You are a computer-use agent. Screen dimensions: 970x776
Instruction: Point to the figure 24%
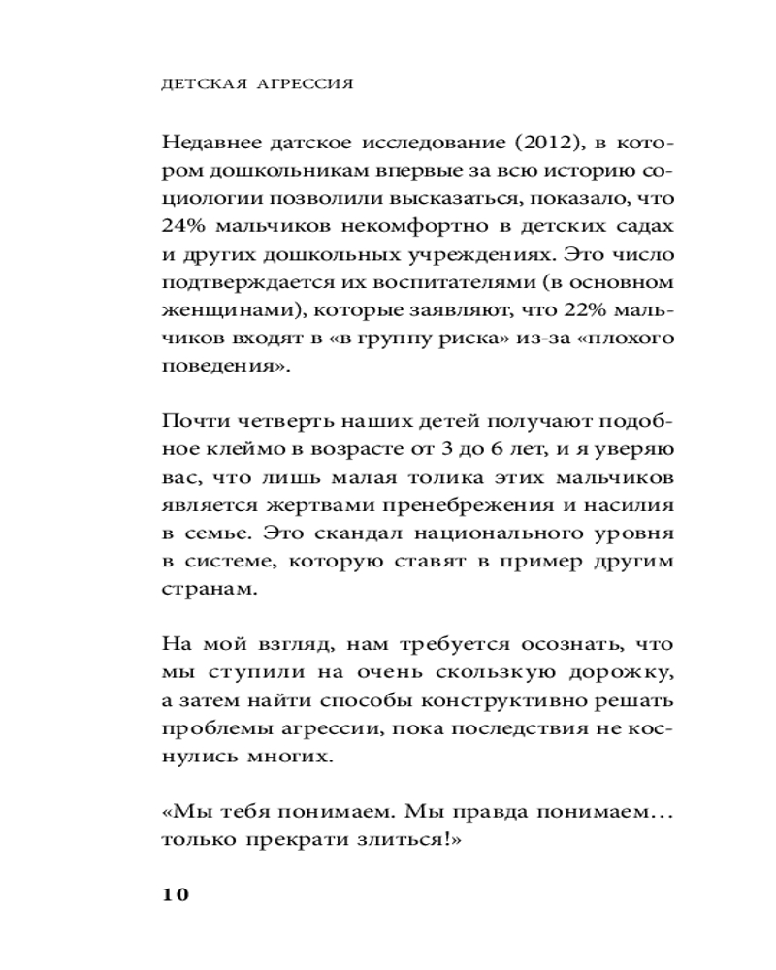tap(184, 225)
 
